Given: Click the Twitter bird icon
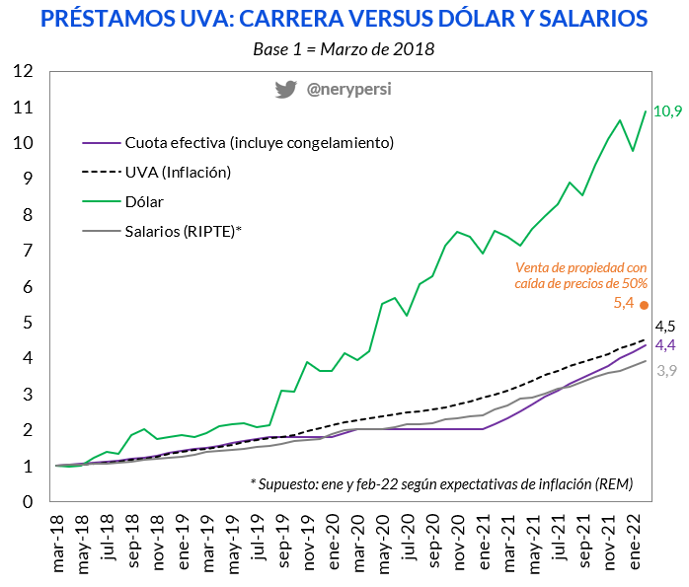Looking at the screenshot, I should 286,89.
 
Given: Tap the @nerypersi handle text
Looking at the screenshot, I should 348,89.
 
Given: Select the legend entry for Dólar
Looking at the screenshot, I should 144,201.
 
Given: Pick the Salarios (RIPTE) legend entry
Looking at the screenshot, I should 184,231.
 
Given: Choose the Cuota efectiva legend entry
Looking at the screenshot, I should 259,142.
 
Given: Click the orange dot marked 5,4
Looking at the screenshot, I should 646,306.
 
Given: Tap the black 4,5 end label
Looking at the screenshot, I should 665,327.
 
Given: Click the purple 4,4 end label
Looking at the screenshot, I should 665,344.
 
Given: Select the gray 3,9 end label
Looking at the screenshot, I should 666,371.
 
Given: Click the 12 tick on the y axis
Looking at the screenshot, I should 23,71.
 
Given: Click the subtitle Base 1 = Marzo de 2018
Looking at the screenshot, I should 343,47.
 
